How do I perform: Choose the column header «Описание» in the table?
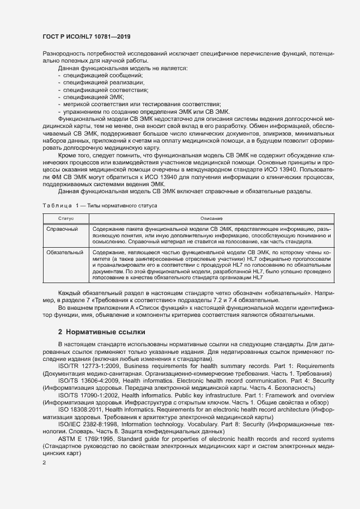click(x=202, y=218)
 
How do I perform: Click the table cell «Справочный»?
click(x=62, y=230)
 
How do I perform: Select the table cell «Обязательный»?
click(x=64, y=253)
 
